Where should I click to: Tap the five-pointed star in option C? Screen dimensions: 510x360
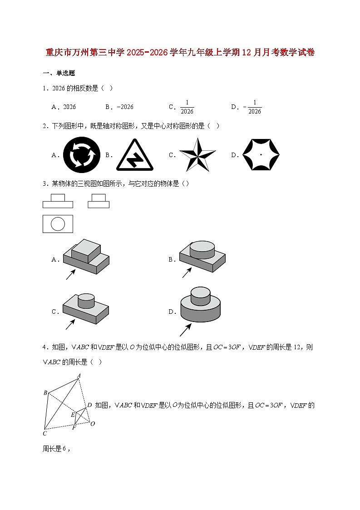click(197, 155)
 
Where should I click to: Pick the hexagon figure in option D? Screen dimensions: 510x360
click(261, 154)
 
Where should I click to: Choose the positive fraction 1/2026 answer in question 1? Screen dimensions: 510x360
click(187, 107)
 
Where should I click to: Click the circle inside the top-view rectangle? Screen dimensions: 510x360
click(58, 223)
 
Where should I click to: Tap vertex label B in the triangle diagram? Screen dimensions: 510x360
click(45, 393)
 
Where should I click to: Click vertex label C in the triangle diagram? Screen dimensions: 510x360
click(45, 433)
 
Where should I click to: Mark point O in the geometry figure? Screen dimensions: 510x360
click(92, 424)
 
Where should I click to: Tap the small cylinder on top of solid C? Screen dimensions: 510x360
click(86, 301)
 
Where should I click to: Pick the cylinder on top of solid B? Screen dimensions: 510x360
click(202, 249)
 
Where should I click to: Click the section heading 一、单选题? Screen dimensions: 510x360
click(59, 73)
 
